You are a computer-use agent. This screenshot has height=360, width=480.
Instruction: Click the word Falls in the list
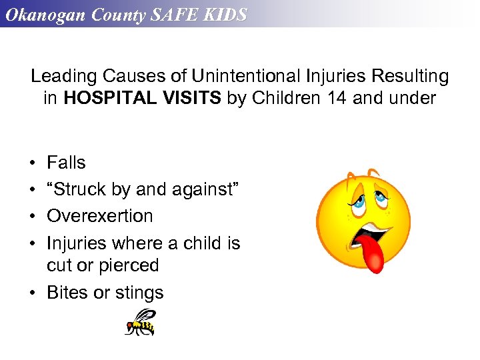click(x=66, y=163)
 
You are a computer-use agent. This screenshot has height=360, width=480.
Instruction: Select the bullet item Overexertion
click(x=99, y=216)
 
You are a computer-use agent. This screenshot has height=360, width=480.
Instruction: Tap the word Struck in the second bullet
click(x=79, y=189)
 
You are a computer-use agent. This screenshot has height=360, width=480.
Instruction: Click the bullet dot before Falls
click(x=33, y=163)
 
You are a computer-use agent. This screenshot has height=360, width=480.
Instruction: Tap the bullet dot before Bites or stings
click(x=33, y=293)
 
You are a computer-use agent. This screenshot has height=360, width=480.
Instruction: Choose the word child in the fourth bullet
click(x=201, y=243)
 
